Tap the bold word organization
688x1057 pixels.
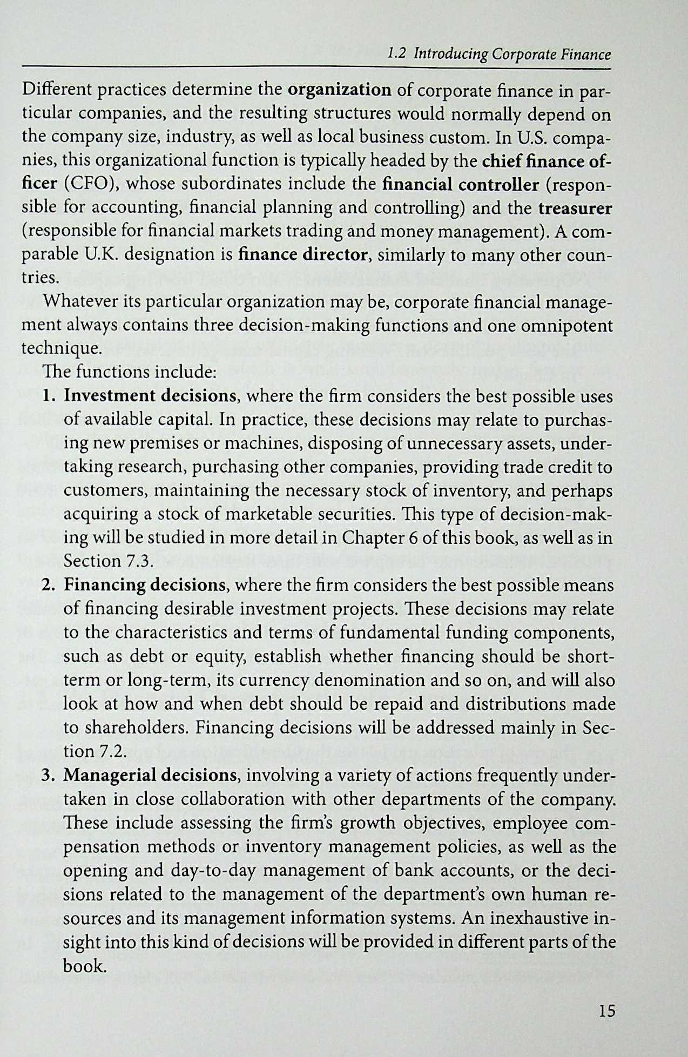[340, 90]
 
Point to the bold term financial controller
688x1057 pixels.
[460, 185]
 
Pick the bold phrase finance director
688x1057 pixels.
[303, 255]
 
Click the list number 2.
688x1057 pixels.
[48, 585]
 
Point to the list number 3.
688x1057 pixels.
[48, 776]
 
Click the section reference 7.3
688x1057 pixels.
[137, 561]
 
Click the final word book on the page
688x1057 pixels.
[83, 966]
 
